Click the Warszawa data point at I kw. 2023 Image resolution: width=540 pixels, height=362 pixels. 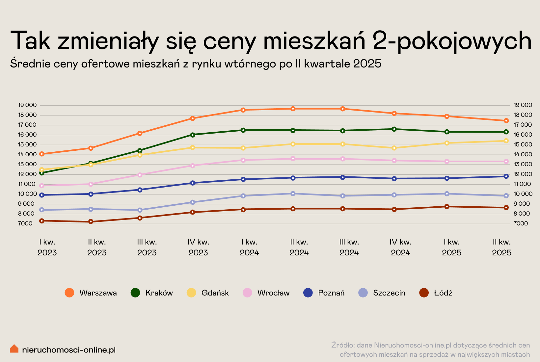42,154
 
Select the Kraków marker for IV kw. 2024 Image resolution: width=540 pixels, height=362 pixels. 394,129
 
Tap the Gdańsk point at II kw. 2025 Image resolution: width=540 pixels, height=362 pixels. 506,141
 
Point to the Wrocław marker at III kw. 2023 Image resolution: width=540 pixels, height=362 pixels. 140,175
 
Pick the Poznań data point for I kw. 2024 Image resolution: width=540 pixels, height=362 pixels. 243,179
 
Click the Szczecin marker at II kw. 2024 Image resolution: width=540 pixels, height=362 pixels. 293,194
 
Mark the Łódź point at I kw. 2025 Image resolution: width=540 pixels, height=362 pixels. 447,207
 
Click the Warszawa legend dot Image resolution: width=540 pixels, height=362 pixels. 69,293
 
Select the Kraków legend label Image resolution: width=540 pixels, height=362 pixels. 159,293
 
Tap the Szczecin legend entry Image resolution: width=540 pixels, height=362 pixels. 389,293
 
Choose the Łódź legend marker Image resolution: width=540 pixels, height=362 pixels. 424,293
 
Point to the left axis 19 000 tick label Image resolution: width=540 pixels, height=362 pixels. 27,105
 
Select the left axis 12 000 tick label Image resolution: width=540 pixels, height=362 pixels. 27,174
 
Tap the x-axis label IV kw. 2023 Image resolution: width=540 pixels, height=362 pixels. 198,247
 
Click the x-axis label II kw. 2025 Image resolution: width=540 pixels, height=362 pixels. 501,247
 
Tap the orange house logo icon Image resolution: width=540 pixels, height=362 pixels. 14,349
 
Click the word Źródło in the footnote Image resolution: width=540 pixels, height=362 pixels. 342,345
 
